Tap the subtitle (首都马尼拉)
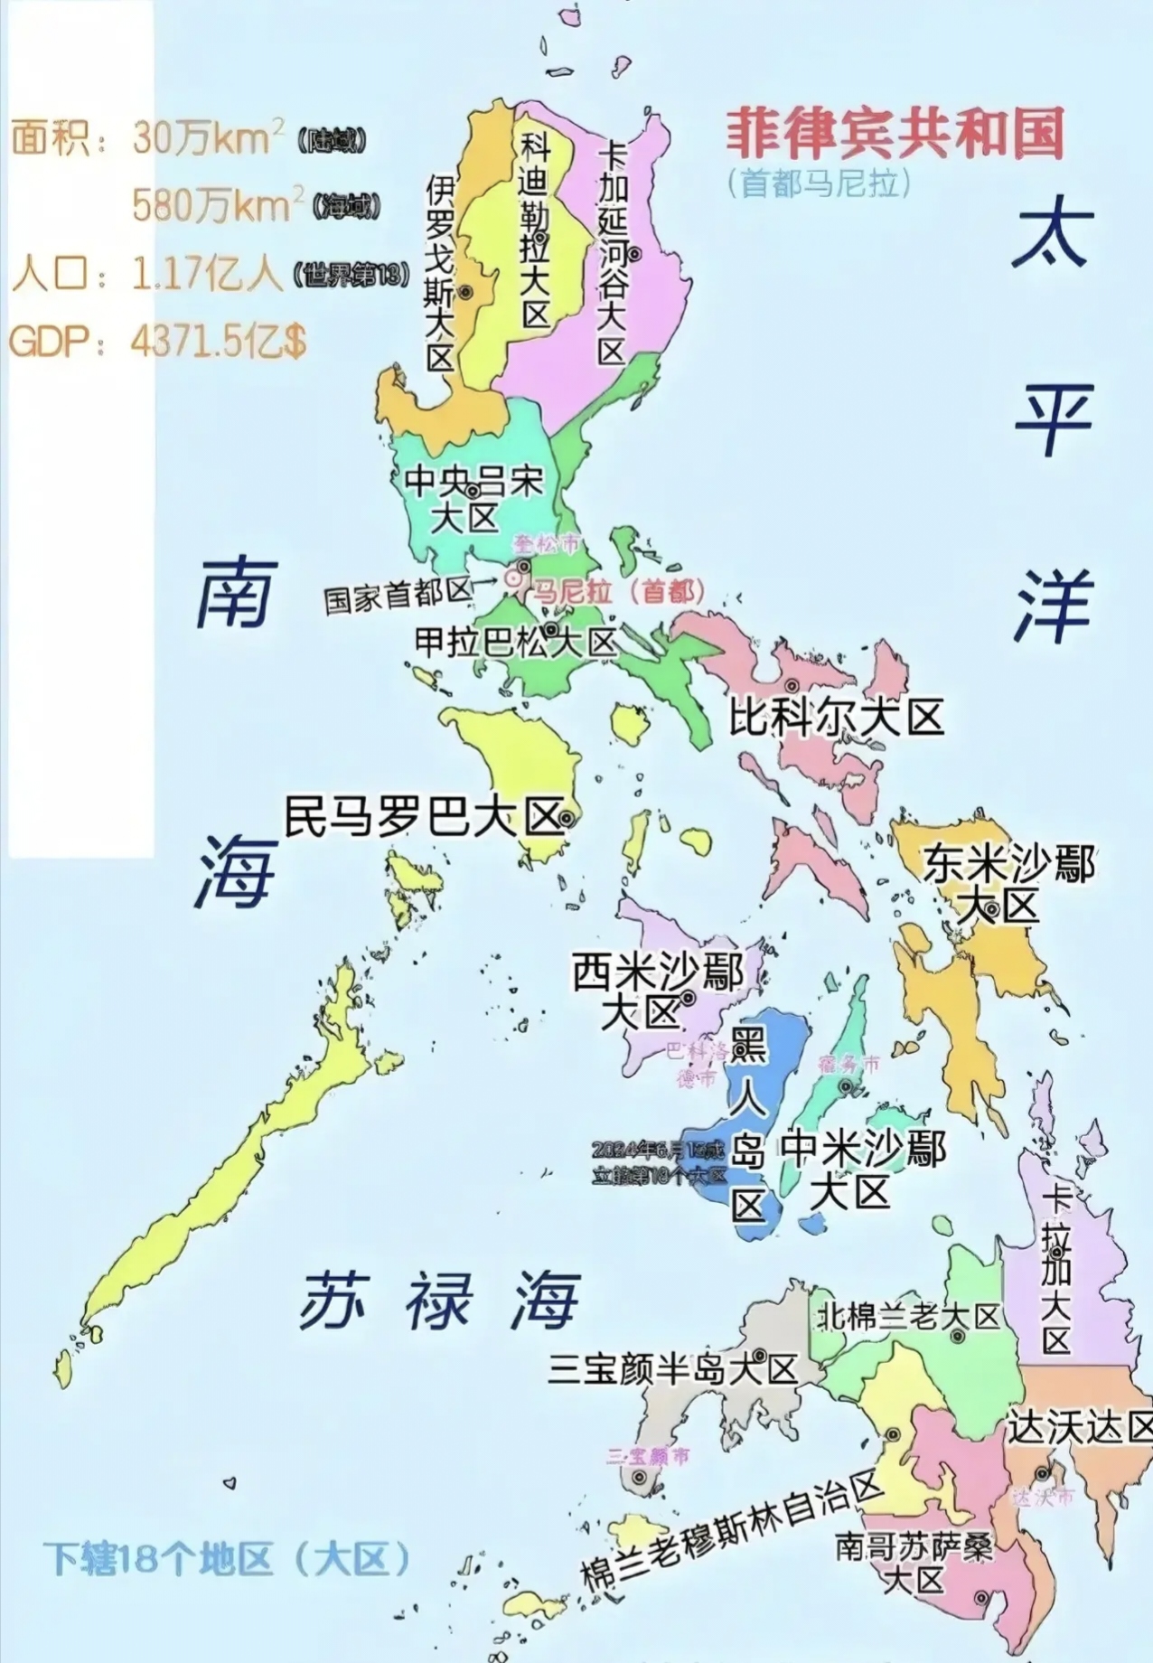tap(819, 183)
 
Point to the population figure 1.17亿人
tap(207, 274)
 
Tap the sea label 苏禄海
tap(439, 1301)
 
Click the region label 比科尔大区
tap(837, 719)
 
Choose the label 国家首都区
tap(398, 596)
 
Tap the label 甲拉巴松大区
tap(515, 642)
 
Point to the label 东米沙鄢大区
tap(1007, 885)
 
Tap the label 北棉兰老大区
tap(908, 1317)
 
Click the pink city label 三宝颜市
tap(648, 1456)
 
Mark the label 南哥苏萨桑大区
tap(913, 1564)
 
